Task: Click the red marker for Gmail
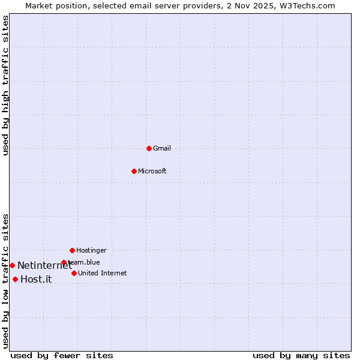[x=149, y=148]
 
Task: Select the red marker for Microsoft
[x=134, y=171]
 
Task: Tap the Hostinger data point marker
[x=72, y=250]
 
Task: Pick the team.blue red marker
[x=64, y=262]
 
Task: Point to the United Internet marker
[x=74, y=273]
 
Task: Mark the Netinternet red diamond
[x=12, y=265]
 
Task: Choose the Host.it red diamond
[x=15, y=279]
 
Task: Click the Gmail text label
[x=162, y=148]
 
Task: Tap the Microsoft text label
[x=152, y=171]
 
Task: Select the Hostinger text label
[x=91, y=250]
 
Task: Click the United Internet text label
[x=103, y=273]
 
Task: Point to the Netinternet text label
[x=44, y=265]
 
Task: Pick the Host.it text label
[x=36, y=279]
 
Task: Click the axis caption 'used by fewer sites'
[x=62, y=355]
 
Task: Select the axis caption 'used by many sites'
[x=301, y=355]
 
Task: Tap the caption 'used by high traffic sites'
[x=5, y=85]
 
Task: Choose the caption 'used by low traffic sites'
[x=5, y=280]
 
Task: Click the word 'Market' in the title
[x=39, y=5]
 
